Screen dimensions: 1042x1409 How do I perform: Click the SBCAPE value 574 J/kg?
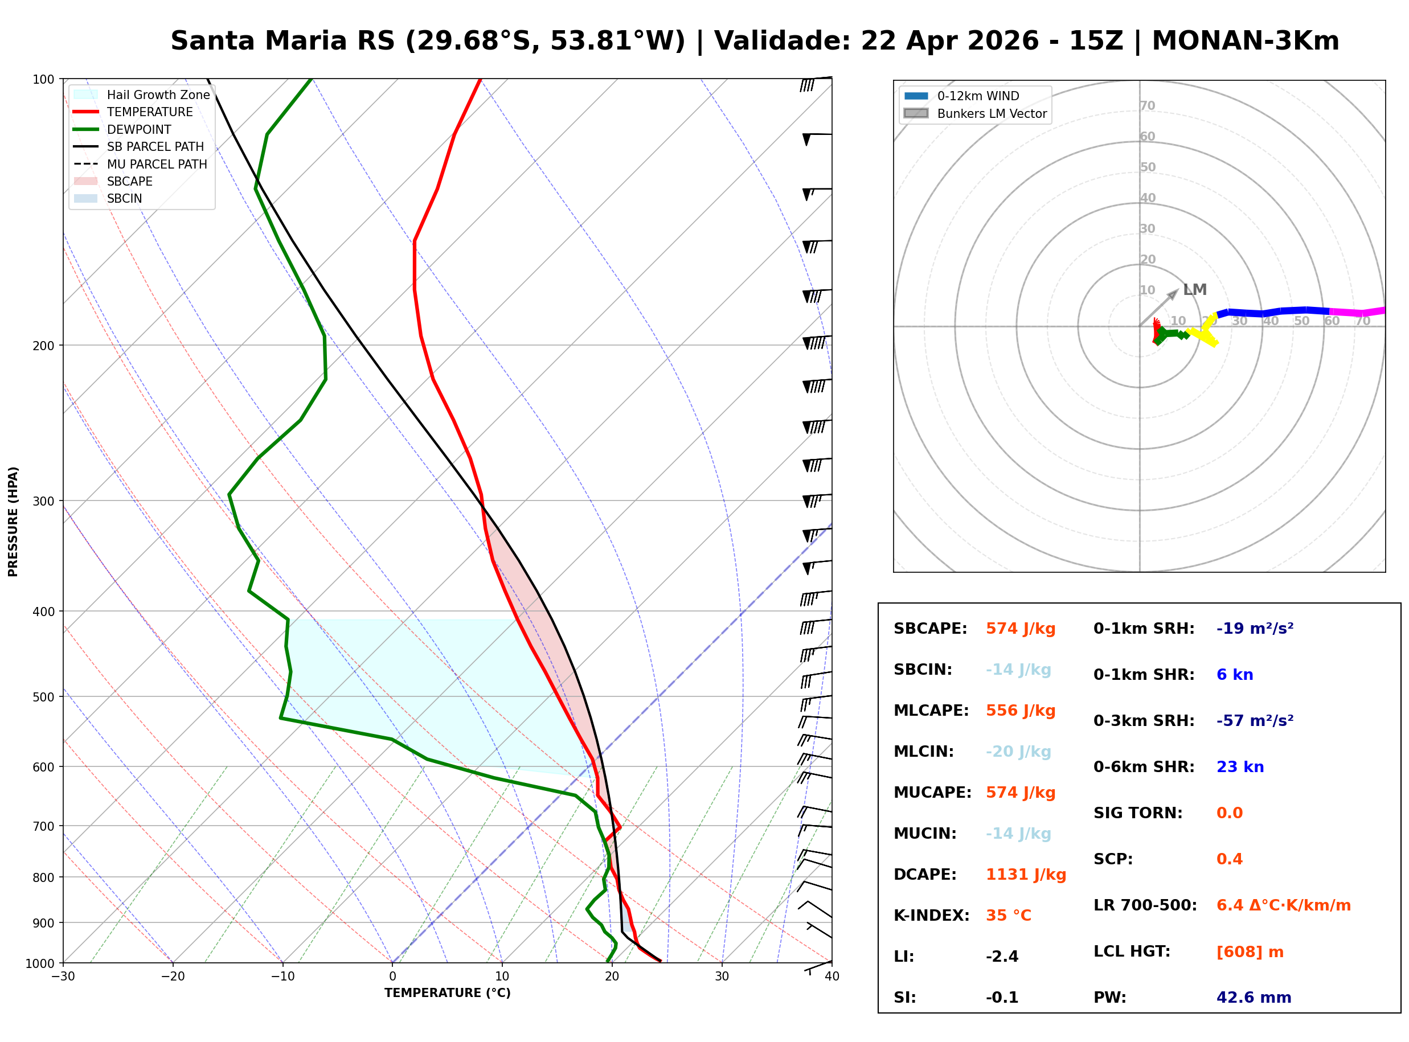pyautogui.click(x=1020, y=629)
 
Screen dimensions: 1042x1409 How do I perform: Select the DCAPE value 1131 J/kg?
pyautogui.click(x=1026, y=875)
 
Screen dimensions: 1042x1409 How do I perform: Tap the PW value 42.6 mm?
pyautogui.click(x=1253, y=998)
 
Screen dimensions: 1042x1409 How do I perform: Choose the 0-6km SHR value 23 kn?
pyautogui.click(x=1240, y=767)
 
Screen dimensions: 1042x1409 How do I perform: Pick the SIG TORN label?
pyautogui.click(x=1138, y=813)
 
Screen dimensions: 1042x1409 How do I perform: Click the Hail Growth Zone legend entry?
pyautogui.click(x=158, y=95)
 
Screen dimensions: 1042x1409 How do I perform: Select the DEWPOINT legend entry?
pyautogui.click(x=139, y=129)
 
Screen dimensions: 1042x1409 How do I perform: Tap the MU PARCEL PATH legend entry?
pyautogui.click(x=157, y=164)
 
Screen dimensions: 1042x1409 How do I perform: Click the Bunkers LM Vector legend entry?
pyautogui.click(x=992, y=113)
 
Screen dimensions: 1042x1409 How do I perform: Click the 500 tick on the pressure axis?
pyautogui.click(x=43, y=697)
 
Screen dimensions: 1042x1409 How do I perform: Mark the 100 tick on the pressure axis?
pyautogui.click(x=43, y=79)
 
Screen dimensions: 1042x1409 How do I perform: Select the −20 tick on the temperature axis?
pyautogui.click(x=172, y=977)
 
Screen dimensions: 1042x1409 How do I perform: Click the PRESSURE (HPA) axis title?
pyautogui.click(x=13, y=522)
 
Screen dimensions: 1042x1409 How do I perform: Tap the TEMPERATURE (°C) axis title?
pyautogui.click(x=447, y=993)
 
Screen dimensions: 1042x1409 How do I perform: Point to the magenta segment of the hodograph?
pyautogui.click(x=1356, y=312)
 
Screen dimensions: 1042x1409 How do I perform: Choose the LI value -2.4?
pyautogui.click(x=1002, y=957)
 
